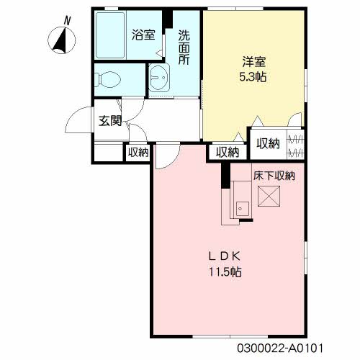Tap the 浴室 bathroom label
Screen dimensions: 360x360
coord(143,33)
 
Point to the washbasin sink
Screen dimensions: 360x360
coord(158,76)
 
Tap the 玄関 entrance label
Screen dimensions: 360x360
coord(110,120)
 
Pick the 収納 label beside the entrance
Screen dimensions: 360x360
coord(138,152)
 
